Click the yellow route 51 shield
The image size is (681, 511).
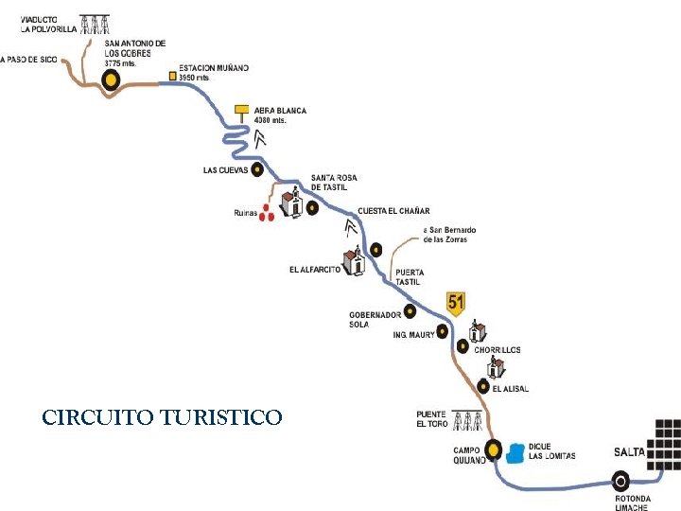[457, 303]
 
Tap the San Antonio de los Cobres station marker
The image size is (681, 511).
[112, 79]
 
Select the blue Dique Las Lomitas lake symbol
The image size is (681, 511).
[515, 453]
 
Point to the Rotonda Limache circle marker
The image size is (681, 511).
[620, 480]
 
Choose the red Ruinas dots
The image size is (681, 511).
[268, 212]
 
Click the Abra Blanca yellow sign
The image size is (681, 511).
[241, 111]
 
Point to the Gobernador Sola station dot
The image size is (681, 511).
[410, 310]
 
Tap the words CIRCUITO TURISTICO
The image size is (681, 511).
[162, 416]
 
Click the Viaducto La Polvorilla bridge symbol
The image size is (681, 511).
[94, 23]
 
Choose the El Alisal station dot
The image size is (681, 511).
[483, 386]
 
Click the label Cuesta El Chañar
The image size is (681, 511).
[393, 211]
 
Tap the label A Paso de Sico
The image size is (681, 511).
[29, 60]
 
